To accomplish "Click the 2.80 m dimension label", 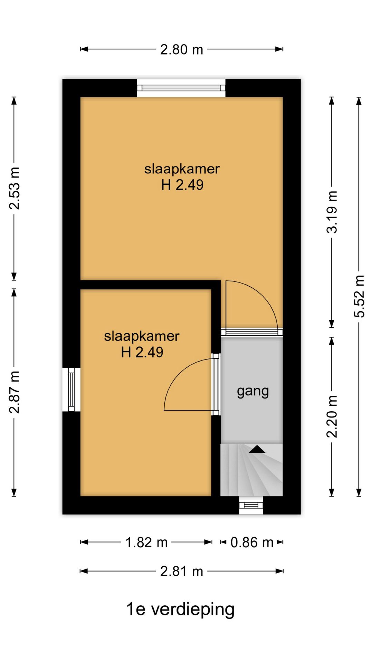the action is [x=181, y=50].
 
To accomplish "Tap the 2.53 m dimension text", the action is [x=15, y=188].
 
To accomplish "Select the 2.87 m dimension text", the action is [x=15, y=392].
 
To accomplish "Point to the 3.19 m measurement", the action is [x=332, y=212].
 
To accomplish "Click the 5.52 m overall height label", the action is [x=359, y=296].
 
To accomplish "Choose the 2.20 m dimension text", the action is [x=332, y=416].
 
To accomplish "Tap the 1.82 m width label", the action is [x=146, y=542].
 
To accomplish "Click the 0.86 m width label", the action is [x=252, y=542].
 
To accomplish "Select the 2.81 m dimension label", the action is [x=181, y=571].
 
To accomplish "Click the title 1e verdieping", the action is [x=180, y=609].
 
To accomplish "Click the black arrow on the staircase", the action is [x=257, y=449].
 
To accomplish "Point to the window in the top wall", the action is [x=181, y=88].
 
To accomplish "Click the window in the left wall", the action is [x=71, y=390].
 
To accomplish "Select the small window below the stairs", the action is [x=251, y=505].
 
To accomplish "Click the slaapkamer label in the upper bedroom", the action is [x=182, y=169].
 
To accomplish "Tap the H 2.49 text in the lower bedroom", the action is [x=142, y=352].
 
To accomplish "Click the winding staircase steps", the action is [x=251, y=470].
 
